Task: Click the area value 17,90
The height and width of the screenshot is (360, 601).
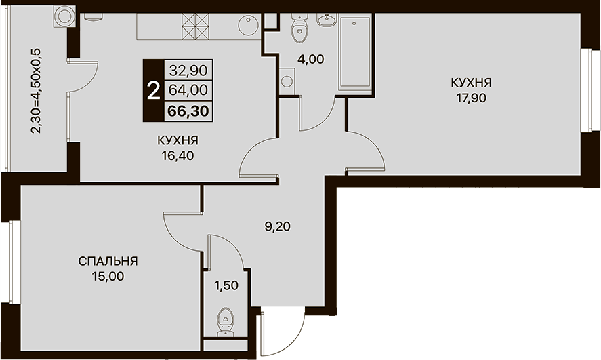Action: (471, 98)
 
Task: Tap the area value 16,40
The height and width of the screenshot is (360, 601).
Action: (178, 156)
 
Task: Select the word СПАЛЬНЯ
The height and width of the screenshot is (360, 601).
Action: (108, 262)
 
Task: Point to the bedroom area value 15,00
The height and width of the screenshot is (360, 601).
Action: (108, 276)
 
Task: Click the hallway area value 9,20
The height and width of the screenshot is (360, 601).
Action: (278, 226)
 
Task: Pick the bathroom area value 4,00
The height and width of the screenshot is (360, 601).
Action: (311, 60)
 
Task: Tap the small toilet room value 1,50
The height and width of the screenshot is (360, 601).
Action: (226, 285)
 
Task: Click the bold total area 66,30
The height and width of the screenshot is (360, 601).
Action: (188, 111)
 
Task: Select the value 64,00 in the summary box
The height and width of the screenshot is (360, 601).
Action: (188, 90)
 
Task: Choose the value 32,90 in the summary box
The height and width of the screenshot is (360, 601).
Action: (188, 70)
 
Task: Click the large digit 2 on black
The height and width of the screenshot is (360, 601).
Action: (153, 92)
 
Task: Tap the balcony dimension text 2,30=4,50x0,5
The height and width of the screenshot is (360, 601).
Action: (37, 91)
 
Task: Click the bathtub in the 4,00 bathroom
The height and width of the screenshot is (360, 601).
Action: (354, 52)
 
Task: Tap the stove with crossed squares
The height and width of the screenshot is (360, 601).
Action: (196, 26)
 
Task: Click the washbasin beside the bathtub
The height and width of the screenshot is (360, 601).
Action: (327, 19)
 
